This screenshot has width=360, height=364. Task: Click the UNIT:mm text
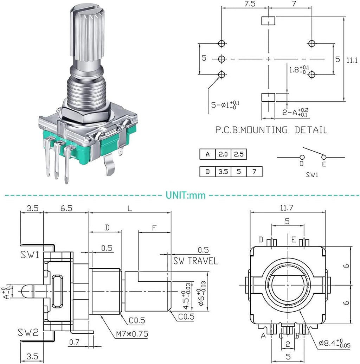pyautogui.click(x=186, y=195)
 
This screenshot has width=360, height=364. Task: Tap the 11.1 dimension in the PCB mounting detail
pyautogui.click(x=352, y=60)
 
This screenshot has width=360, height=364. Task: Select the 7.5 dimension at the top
pyautogui.click(x=250, y=4)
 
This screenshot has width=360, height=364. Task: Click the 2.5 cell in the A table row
pyautogui.click(x=239, y=154)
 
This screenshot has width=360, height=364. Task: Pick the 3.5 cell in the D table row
pyautogui.click(x=223, y=172)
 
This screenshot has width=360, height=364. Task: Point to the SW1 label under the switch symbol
pyautogui.click(x=312, y=174)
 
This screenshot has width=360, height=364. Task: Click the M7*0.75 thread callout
pyautogui.click(x=132, y=334)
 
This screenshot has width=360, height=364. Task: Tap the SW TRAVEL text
pyautogui.click(x=196, y=261)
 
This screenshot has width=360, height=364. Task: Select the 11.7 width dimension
pyautogui.click(x=287, y=208)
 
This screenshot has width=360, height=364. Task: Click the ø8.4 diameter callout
pyautogui.click(x=334, y=343)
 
